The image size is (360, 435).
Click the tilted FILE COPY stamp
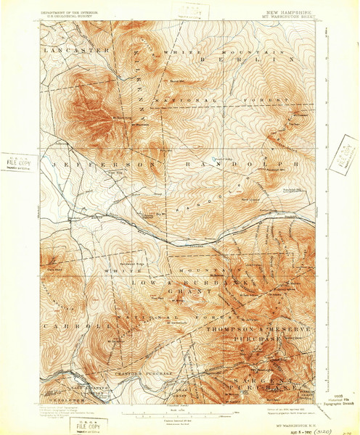pos(337,152)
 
